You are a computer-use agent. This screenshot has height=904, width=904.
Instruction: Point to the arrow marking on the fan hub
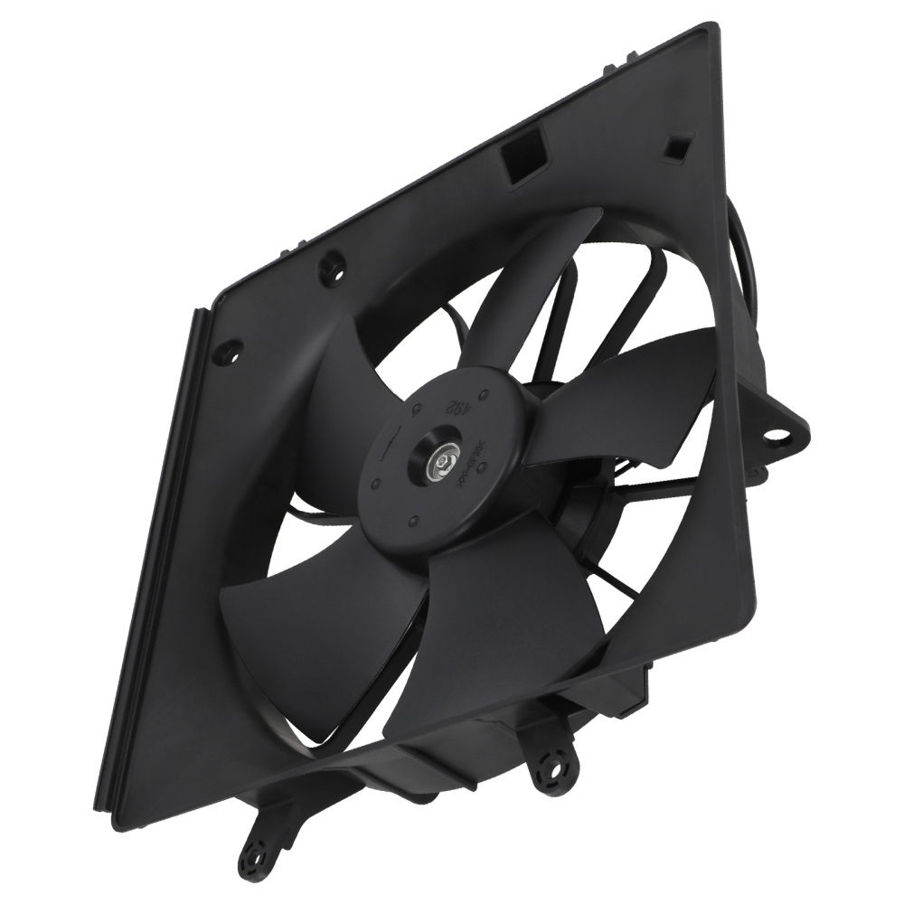tap(391, 444)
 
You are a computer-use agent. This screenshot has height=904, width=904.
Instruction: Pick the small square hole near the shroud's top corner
tap(675, 145)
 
